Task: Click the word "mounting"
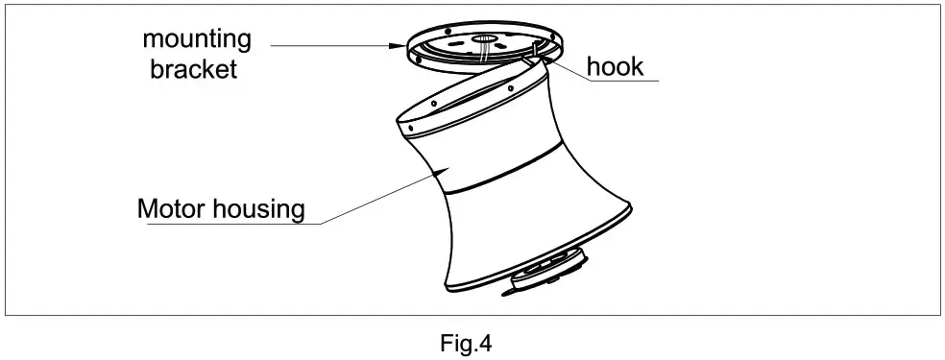tap(197, 40)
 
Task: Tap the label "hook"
tap(616, 67)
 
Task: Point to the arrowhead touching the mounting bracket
tap(402, 45)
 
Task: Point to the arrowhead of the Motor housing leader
tap(441, 168)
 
